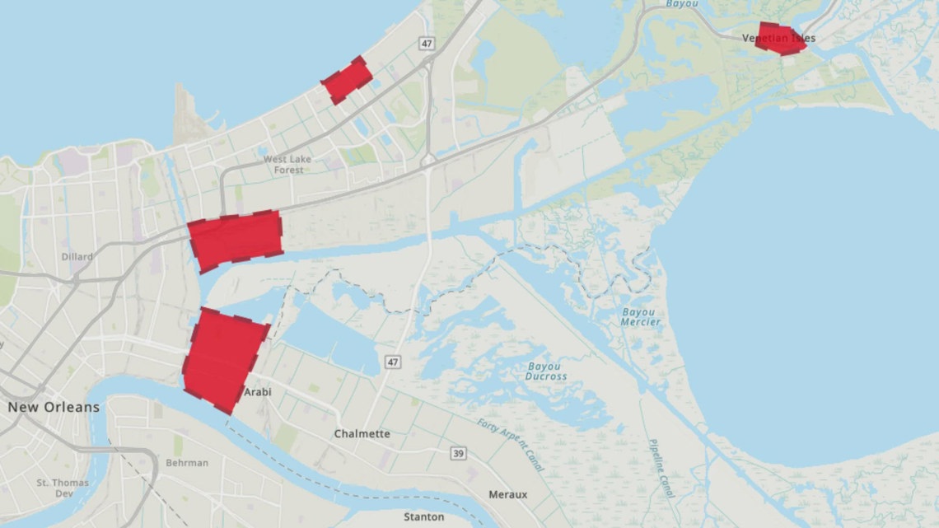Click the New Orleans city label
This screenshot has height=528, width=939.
(x=54, y=407)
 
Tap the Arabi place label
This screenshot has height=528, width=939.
(x=257, y=392)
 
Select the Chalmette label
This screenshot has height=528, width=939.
(x=362, y=433)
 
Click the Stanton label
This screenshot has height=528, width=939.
(x=424, y=517)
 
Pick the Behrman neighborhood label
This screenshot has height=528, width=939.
(x=188, y=463)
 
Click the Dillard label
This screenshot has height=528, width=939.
(x=77, y=256)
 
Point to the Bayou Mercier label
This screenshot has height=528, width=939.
(x=639, y=317)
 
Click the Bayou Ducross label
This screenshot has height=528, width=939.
(x=546, y=371)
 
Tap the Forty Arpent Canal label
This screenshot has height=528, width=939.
(x=511, y=445)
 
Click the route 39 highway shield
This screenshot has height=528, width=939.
(x=458, y=454)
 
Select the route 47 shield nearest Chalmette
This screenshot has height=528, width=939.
(x=392, y=361)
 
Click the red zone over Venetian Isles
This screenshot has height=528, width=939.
(x=780, y=39)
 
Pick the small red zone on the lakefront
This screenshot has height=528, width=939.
(x=347, y=80)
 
